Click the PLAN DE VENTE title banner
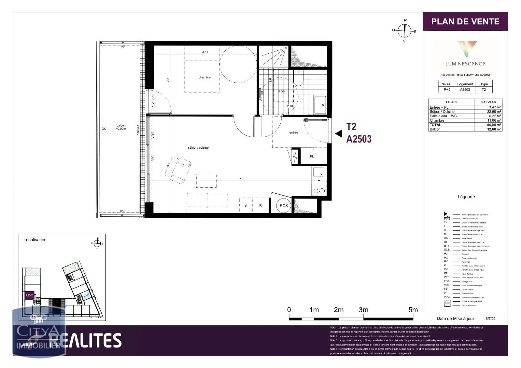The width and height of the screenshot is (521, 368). pos(465,21)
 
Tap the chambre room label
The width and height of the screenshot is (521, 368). pos(204,77)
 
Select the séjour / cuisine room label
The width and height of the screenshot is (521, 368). pos(198,148)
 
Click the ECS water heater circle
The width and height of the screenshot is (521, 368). pos(284,206)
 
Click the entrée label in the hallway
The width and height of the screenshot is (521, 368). pos(293,132)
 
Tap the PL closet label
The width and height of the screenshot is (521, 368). pos(312,157)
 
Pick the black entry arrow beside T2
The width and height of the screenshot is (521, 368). pos(339,133)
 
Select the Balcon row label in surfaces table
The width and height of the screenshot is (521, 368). pos(435,129)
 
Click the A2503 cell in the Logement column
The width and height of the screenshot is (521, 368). pos(465,89)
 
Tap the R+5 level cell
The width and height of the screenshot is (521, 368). pos(447,89)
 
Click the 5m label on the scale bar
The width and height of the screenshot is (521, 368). pos(413,310)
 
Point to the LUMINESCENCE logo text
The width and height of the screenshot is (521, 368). pos(465,64)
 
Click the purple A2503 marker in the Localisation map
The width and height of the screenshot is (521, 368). pos(30,295)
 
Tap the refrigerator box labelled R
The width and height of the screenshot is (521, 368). pos(260,206)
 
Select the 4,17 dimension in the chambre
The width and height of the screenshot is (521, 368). pos(205,52)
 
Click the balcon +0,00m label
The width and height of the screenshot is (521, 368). pos(121,127)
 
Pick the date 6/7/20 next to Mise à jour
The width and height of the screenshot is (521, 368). pos(490,319)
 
